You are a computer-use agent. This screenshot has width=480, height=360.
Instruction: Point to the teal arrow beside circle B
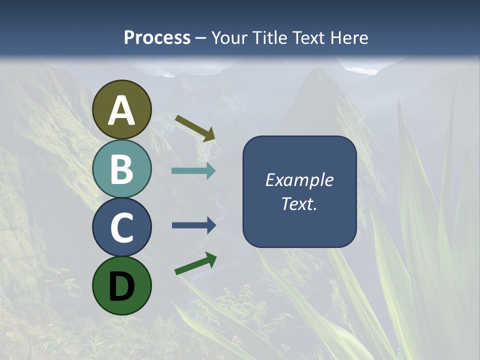(x=193, y=171)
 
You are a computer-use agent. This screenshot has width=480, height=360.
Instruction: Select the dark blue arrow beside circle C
(x=194, y=225)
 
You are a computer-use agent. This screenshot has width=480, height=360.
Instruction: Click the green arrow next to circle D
(x=195, y=263)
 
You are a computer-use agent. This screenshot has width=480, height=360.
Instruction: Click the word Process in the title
(x=157, y=37)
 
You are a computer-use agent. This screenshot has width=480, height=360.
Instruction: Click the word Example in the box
(x=299, y=180)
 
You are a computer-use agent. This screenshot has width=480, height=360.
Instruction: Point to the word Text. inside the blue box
(x=299, y=203)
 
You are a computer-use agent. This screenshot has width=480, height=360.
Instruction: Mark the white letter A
(x=122, y=110)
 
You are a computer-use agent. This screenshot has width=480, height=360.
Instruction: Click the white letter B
(x=122, y=169)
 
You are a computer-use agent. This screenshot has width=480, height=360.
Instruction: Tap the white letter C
(x=122, y=227)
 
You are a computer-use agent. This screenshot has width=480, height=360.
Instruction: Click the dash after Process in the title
(x=201, y=38)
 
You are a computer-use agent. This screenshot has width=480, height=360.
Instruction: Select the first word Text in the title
(x=308, y=37)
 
